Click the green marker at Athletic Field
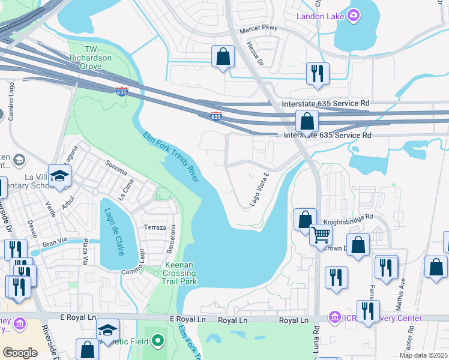pyautogui.click(x=158, y=341)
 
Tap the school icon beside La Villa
pyautogui.click(x=60, y=176)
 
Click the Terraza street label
pyautogui.click(x=155, y=228)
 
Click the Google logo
pyautogui.click(x=20, y=353)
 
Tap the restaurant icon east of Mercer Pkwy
pyautogui.click(x=315, y=73)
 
